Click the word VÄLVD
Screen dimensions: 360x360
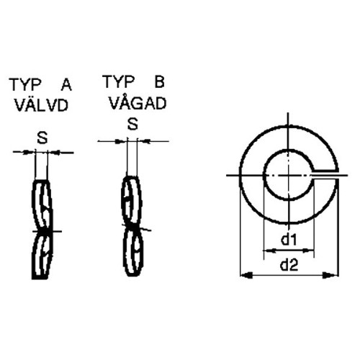(42, 104)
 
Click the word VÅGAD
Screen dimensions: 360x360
(138, 103)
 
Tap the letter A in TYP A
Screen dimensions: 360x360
(66, 85)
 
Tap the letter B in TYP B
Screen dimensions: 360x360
(159, 81)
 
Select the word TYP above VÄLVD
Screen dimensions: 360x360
(25, 85)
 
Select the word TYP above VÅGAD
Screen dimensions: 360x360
(118, 81)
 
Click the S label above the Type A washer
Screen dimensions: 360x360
(42, 138)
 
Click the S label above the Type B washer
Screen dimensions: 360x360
(132, 125)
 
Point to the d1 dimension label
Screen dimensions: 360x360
(289, 239)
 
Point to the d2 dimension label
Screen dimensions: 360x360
(289, 265)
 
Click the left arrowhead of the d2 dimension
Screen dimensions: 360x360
(246, 275)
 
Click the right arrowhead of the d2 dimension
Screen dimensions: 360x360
(332, 275)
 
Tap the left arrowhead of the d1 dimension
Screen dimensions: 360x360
(269, 251)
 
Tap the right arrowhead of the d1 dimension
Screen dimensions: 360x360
(308, 251)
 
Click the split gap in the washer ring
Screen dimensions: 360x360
(325, 175)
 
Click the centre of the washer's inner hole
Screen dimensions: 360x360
(289, 175)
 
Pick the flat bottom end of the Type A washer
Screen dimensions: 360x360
(40, 278)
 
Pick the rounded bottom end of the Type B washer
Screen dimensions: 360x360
(132, 274)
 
